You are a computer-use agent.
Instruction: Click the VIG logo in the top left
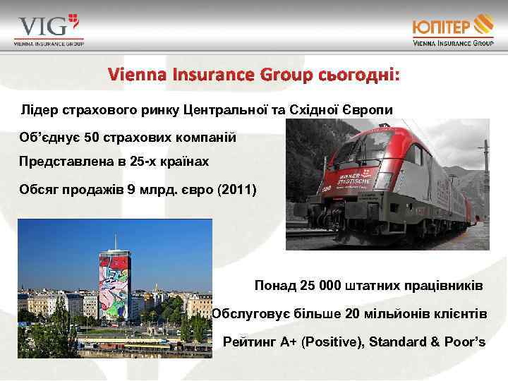point(48,30)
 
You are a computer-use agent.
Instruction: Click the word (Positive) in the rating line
point(332,342)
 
